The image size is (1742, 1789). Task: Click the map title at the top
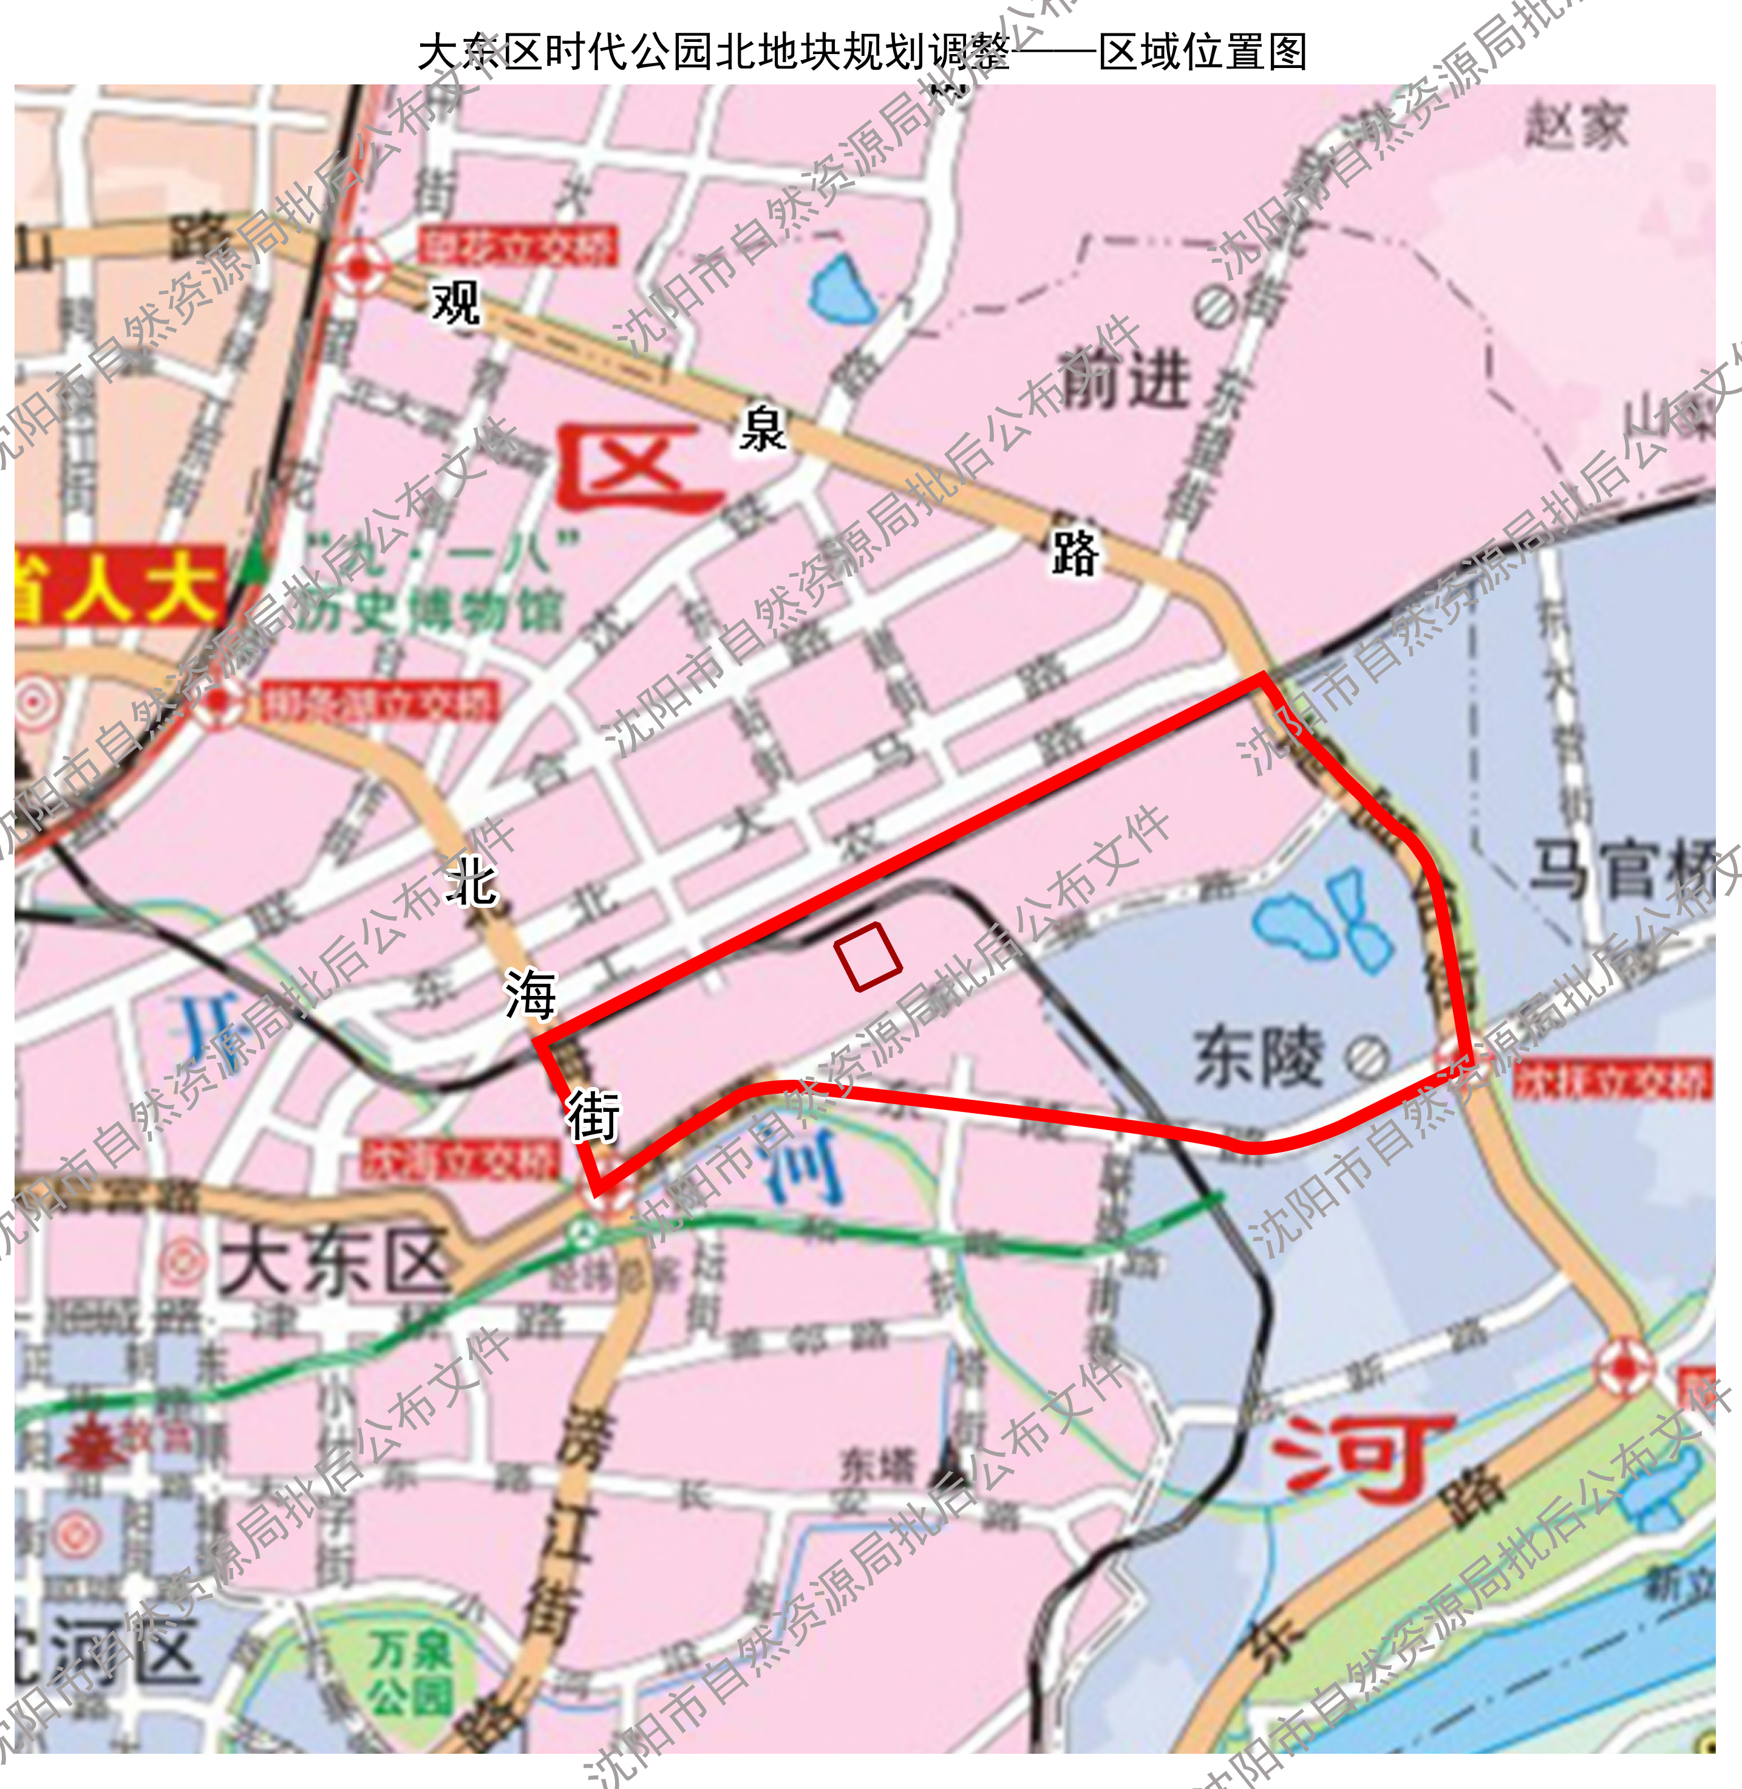point(862,52)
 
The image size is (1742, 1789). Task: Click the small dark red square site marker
point(867,955)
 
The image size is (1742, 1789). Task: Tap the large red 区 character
point(638,467)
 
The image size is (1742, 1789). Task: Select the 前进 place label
point(1124,379)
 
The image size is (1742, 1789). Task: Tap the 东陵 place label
point(1258,1057)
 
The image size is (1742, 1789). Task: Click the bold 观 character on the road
point(455,303)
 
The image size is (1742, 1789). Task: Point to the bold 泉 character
point(762,429)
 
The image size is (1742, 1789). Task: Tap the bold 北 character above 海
point(471,883)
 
